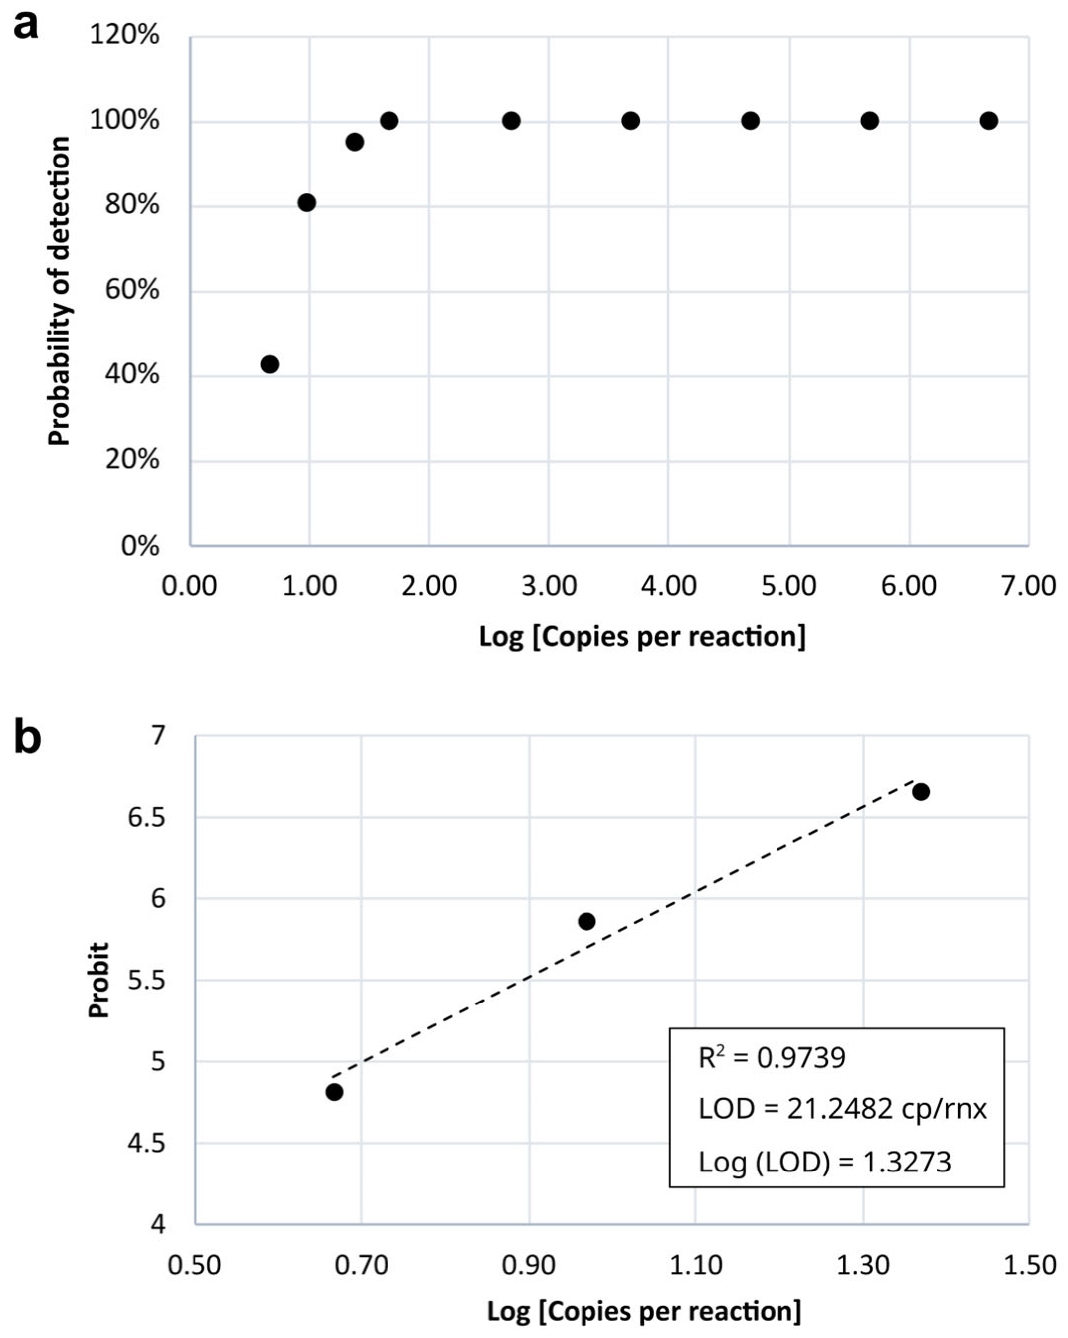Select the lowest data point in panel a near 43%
click(x=270, y=364)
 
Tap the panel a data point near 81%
click(x=307, y=203)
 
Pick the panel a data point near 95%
click(x=355, y=142)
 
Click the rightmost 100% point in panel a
click(x=989, y=120)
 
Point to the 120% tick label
click(x=124, y=35)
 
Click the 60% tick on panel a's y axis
click(x=132, y=290)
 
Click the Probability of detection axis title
click(x=60, y=290)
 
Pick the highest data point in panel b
click(x=921, y=791)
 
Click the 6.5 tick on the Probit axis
click(x=147, y=817)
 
